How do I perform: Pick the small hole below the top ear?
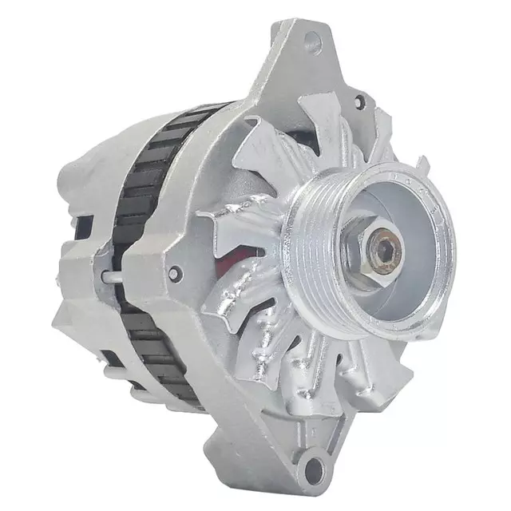[359, 101]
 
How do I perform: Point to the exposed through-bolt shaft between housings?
[112, 276]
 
